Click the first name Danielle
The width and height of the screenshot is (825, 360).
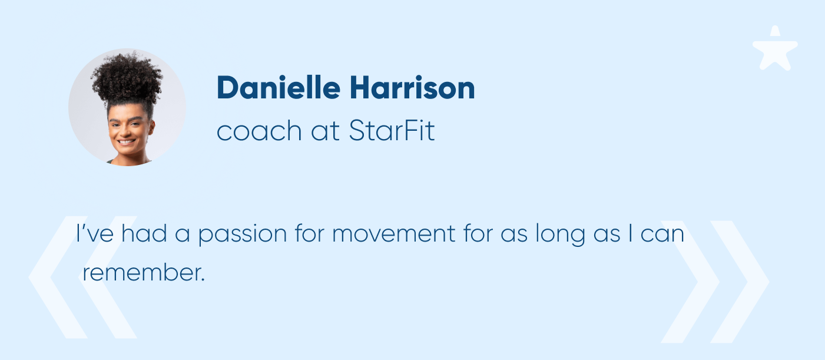pyautogui.click(x=279, y=87)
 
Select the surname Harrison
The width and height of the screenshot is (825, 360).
pyautogui.click(x=412, y=87)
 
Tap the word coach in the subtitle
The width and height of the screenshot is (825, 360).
pyautogui.click(x=259, y=131)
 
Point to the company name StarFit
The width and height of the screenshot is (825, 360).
pyautogui.click(x=392, y=130)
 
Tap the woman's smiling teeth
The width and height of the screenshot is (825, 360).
pyautogui.click(x=127, y=142)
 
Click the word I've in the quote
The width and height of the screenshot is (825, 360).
pyautogui.click(x=95, y=233)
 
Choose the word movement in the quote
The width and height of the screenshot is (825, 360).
pyautogui.click(x=394, y=233)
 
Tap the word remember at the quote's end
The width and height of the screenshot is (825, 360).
pyautogui.click(x=144, y=273)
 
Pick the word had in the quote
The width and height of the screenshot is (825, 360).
pyautogui.click(x=144, y=233)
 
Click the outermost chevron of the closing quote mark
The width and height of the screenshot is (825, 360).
pyautogui.click(x=740, y=282)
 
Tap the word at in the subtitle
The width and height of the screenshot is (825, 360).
pyautogui.click(x=325, y=131)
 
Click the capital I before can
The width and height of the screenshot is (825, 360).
pyautogui.click(x=631, y=233)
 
